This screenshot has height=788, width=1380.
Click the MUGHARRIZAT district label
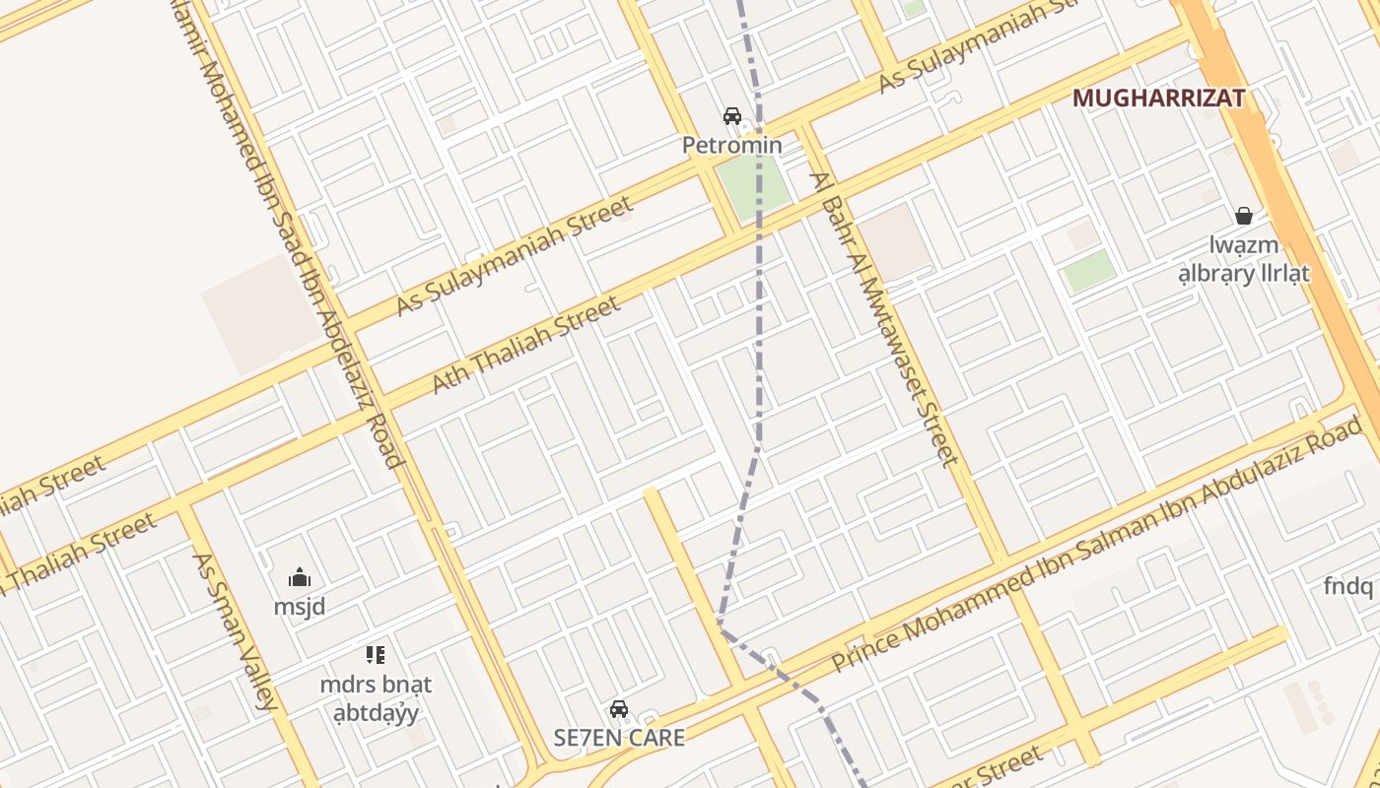click(1158, 98)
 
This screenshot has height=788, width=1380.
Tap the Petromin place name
click(732, 146)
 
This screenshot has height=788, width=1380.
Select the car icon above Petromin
click(732, 116)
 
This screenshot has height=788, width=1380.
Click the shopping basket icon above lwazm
click(1244, 215)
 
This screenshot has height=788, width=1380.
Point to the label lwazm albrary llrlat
click(1244, 259)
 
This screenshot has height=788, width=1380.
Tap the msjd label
click(300, 607)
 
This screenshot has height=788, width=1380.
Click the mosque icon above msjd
click(300, 577)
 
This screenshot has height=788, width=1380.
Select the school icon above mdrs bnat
click(375, 654)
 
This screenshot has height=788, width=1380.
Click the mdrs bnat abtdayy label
click(376, 697)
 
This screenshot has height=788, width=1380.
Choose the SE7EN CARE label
click(618, 738)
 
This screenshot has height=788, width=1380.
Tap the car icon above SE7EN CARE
click(618, 708)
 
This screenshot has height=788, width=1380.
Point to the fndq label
click(1347, 587)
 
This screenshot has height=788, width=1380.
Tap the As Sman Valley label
click(235, 630)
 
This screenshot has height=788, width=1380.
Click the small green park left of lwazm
click(1089, 271)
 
